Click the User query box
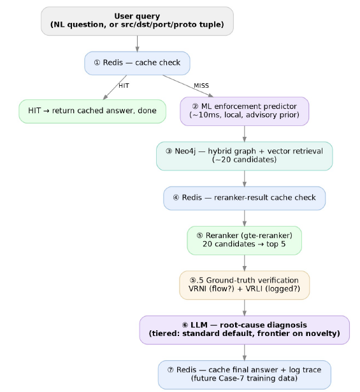click(x=137, y=21)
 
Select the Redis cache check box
click(x=137, y=63)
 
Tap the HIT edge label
click(x=124, y=86)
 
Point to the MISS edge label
click(x=201, y=86)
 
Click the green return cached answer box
click(x=92, y=111)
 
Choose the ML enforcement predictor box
click(x=244, y=111)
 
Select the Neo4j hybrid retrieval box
click(x=244, y=156)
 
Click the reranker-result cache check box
click(x=244, y=199)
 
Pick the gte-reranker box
click(x=244, y=241)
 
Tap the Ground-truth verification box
click(x=244, y=285)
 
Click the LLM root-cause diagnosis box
click(x=244, y=330)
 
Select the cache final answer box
click(x=244, y=374)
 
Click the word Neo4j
click(x=185, y=151)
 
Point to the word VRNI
click(x=196, y=289)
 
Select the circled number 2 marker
click(x=195, y=106)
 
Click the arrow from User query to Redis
click(x=137, y=44)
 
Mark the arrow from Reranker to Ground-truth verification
click(x=244, y=263)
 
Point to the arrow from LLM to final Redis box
click(x=244, y=353)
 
